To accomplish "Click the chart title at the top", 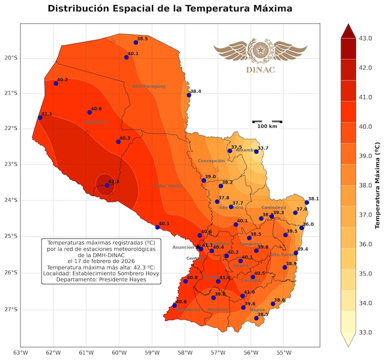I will pos(170,9).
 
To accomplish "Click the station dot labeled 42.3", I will pos(107,185).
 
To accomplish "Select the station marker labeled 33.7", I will pos(256,151).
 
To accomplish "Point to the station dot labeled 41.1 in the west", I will pos(40,117).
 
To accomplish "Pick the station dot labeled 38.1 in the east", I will pos(306,202).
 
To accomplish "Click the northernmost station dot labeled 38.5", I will pos(135,42).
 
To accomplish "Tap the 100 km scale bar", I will pos(267,121).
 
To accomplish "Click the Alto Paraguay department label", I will pos(148,86).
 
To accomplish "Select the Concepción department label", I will pos(211,161).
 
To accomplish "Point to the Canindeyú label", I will pos(273,207).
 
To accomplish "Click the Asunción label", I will pos(183,247).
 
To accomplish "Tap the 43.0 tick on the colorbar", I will pos(365,38).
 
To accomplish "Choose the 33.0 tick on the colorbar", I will pos(365,332).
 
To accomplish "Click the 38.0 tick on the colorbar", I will pos(365,185).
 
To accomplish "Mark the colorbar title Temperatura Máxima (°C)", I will pos(377,185).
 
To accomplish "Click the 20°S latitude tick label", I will pos(10,57).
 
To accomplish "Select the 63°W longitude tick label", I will pos(20,352).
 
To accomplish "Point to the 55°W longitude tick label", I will pos(284,352).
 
